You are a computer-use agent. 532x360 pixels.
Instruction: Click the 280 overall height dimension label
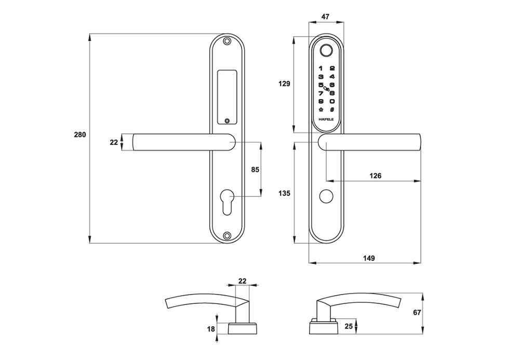click(x=79, y=135)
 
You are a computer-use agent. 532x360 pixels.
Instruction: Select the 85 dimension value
click(x=255, y=169)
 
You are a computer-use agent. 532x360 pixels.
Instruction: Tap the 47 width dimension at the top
click(x=325, y=17)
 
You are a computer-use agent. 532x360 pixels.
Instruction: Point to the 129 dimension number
click(x=284, y=84)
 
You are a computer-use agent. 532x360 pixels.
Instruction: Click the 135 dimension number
click(x=284, y=193)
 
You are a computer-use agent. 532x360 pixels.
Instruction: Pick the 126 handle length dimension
click(x=375, y=176)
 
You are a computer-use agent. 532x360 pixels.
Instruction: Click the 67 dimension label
click(x=416, y=313)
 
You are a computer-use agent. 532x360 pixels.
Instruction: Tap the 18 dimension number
click(x=211, y=329)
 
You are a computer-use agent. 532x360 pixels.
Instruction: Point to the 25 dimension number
click(x=348, y=326)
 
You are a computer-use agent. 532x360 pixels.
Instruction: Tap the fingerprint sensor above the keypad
click(x=326, y=51)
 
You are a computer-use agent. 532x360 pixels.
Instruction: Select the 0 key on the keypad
click(x=332, y=101)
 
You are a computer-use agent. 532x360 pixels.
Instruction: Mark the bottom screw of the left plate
click(x=227, y=235)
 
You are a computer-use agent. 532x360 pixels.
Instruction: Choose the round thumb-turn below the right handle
click(x=326, y=197)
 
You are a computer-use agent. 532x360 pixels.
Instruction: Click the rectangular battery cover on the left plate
click(x=227, y=97)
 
